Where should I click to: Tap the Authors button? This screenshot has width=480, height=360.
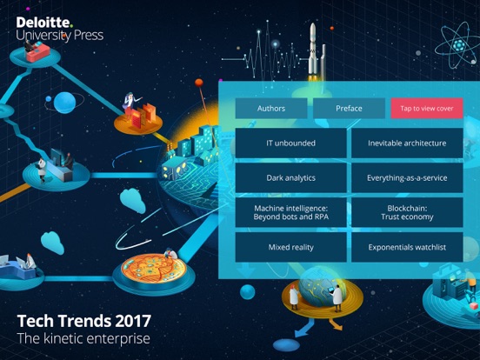(271, 109)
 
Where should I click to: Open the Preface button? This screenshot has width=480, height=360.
(349, 109)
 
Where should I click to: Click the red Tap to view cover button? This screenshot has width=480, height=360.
(427, 109)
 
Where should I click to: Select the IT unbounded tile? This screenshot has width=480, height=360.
(290, 143)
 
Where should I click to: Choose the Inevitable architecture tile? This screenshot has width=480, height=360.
(407, 143)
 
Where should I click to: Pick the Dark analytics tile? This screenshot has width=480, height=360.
(290, 178)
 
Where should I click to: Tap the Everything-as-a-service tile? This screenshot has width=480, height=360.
(407, 178)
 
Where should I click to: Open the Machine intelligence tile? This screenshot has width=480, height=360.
(290, 212)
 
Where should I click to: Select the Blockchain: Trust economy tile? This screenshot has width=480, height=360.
(407, 212)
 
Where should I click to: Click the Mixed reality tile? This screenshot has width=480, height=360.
(290, 247)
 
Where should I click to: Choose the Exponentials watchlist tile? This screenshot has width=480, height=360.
(407, 247)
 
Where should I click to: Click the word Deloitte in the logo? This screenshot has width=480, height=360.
(43, 23)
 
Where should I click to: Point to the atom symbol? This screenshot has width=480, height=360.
(458, 45)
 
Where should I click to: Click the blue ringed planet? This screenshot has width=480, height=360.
(64, 103)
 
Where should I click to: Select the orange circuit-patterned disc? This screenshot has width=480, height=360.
(154, 269)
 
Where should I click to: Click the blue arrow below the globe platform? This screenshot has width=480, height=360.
(304, 329)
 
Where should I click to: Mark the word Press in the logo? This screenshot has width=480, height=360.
(89, 35)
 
